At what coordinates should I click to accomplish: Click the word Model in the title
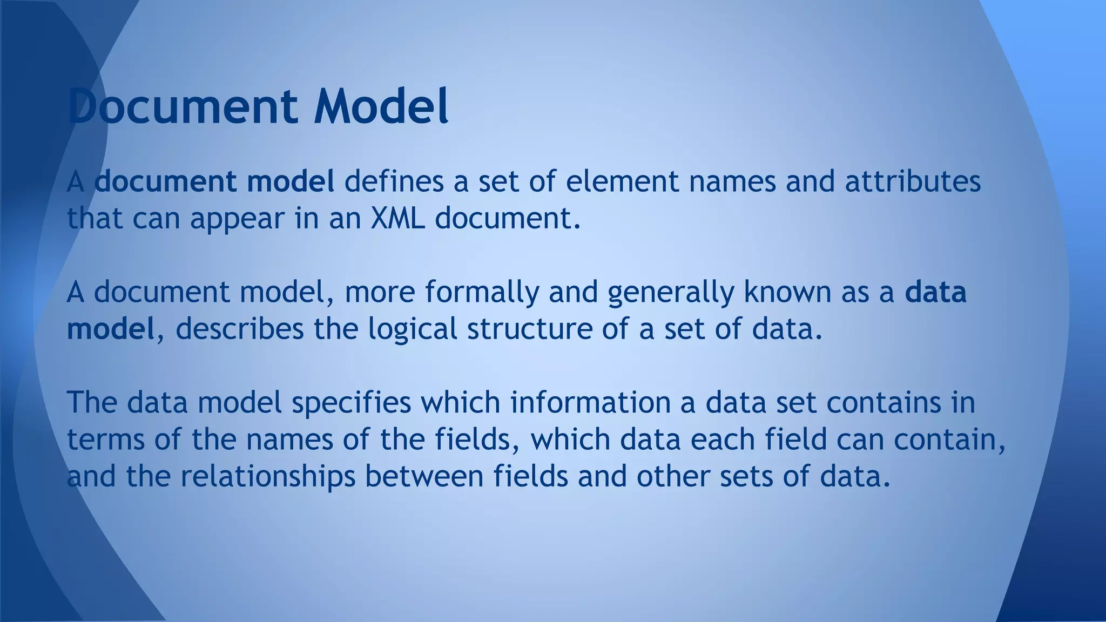(381, 106)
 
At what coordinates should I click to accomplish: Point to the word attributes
(913, 181)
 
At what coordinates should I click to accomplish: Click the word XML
(397, 218)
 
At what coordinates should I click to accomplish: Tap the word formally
(482, 293)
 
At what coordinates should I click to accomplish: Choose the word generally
(670, 293)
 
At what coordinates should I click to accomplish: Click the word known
(787, 292)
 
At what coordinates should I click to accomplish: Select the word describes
(240, 328)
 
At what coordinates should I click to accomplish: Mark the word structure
(530, 328)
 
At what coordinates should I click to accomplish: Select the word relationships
(268, 476)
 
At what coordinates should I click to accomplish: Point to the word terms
(106, 440)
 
